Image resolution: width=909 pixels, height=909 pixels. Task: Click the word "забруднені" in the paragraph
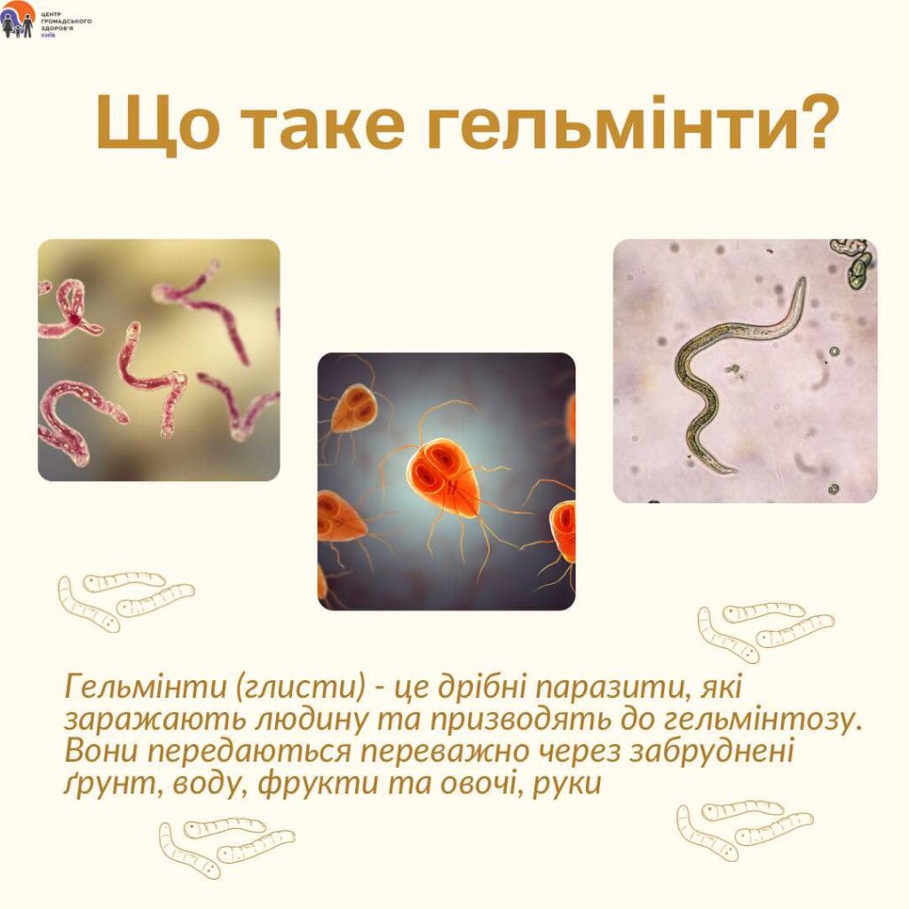point(711,752)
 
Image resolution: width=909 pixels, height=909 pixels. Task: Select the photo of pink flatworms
point(159,360)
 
